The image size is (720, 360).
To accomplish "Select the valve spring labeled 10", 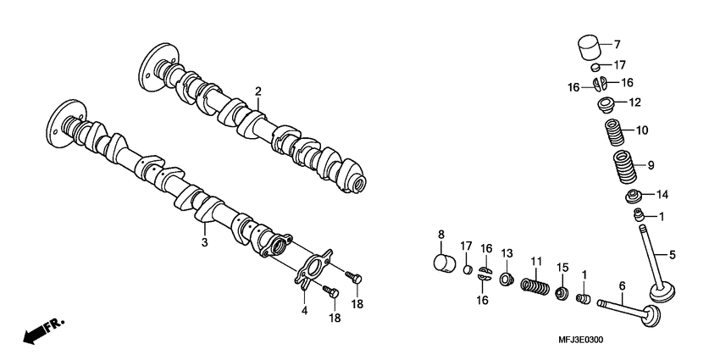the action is click(614, 132).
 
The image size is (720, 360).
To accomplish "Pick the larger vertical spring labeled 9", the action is click(625, 167).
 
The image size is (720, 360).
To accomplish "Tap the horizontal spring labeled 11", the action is click(535, 286).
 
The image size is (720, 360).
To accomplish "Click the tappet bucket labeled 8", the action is click(445, 264).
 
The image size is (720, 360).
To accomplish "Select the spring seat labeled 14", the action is click(635, 196).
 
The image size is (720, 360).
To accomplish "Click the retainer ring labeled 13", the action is click(507, 279).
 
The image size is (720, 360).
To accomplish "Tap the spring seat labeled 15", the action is click(561, 293).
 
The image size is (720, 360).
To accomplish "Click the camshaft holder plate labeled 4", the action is click(313, 270).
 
